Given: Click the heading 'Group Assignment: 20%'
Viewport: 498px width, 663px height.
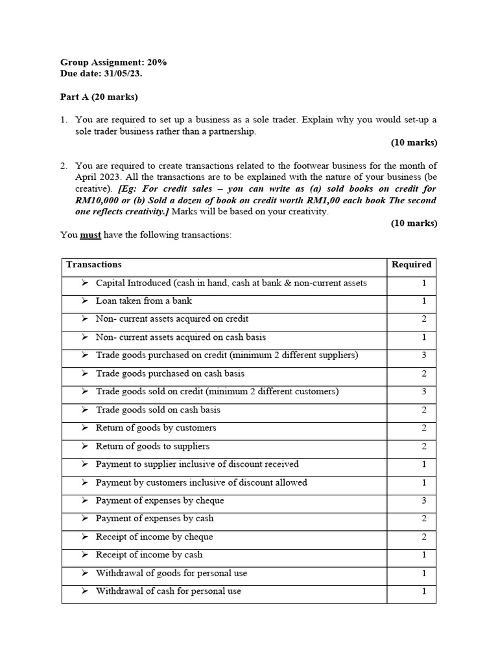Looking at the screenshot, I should click(x=113, y=62).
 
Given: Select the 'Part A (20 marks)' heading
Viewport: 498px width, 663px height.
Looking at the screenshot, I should click(x=99, y=97).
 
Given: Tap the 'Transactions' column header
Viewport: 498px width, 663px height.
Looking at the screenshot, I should click(x=94, y=264).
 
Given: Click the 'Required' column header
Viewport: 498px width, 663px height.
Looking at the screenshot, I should click(x=411, y=264).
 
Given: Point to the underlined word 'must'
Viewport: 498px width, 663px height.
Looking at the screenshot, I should click(x=90, y=235).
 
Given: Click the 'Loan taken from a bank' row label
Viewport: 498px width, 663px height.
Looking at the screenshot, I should click(x=144, y=301).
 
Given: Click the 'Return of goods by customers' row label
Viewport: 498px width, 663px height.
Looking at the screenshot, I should click(x=156, y=428).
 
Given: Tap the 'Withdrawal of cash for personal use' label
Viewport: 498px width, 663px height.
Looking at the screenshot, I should click(x=169, y=591).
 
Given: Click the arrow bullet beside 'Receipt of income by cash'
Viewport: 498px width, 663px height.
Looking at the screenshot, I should click(x=85, y=555).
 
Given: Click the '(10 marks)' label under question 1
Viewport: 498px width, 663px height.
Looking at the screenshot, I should click(x=414, y=142).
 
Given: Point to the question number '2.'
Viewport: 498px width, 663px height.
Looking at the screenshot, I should click(x=64, y=166).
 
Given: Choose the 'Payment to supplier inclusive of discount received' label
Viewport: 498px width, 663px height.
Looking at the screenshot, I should click(x=197, y=464).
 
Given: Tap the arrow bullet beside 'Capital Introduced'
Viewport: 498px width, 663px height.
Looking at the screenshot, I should click(x=85, y=283).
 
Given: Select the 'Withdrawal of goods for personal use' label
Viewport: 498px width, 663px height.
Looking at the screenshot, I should click(x=171, y=573).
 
